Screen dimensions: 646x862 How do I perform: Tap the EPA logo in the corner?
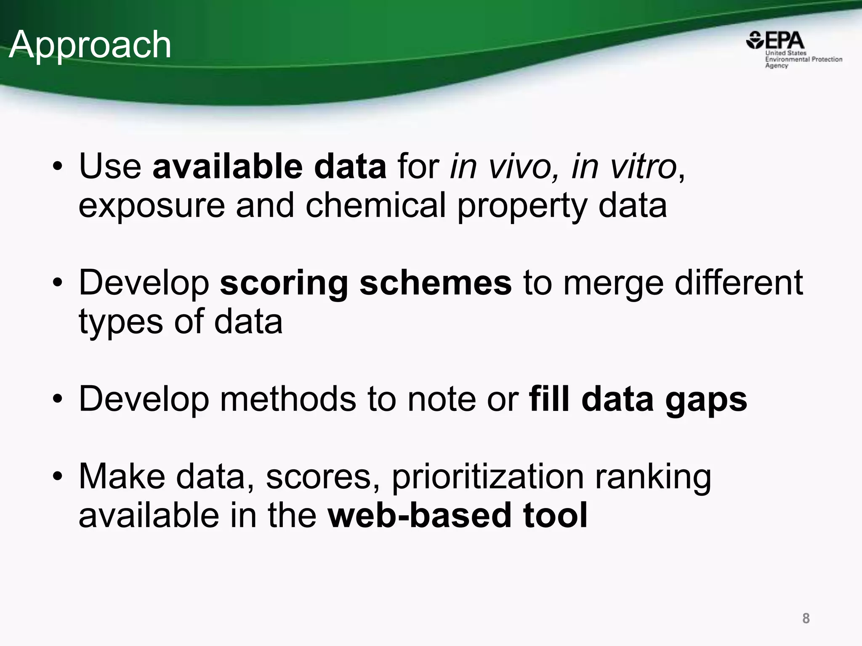[x=794, y=50]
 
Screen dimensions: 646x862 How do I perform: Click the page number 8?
[x=806, y=618]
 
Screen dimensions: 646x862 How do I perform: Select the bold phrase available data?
[x=269, y=167]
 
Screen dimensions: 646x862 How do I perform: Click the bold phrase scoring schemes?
[x=366, y=283]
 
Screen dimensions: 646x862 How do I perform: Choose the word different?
[x=739, y=283]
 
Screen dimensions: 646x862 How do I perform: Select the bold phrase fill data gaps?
[x=638, y=400]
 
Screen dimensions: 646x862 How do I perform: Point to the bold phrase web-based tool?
[x=458, y=516]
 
